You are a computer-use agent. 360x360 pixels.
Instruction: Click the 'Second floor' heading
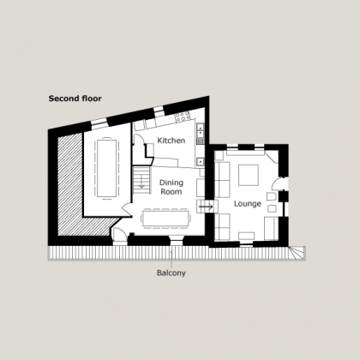(x=75, y=99)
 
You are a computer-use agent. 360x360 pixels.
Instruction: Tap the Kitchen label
(x=171, y=141)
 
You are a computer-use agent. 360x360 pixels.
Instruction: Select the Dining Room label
(x=171, y=187)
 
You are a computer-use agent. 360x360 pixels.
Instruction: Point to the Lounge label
(x=248, y=204)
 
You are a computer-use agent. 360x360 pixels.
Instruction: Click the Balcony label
(x=171, y=273)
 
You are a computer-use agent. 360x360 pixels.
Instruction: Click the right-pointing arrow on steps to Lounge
(x=206, y=207)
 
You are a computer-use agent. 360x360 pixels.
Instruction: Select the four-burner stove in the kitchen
(x=183, y=117)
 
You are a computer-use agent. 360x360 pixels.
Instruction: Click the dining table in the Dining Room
(x=166, y=219)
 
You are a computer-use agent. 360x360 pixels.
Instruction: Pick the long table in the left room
(x=106, y=169)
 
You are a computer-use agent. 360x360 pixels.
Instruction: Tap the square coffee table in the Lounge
(x=249, y=175)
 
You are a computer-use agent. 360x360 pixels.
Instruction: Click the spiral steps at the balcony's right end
(x=297, y=253)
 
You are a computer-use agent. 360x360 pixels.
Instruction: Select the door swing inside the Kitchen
(x=139, y=139)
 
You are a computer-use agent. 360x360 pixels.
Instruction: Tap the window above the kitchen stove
(x=159, y=111)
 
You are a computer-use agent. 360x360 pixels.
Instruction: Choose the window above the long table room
(x=99, y=123)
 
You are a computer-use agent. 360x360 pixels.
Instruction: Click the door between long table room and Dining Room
(x=127, y=210)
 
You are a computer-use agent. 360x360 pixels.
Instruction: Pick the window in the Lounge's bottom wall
(x=246, y=244)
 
